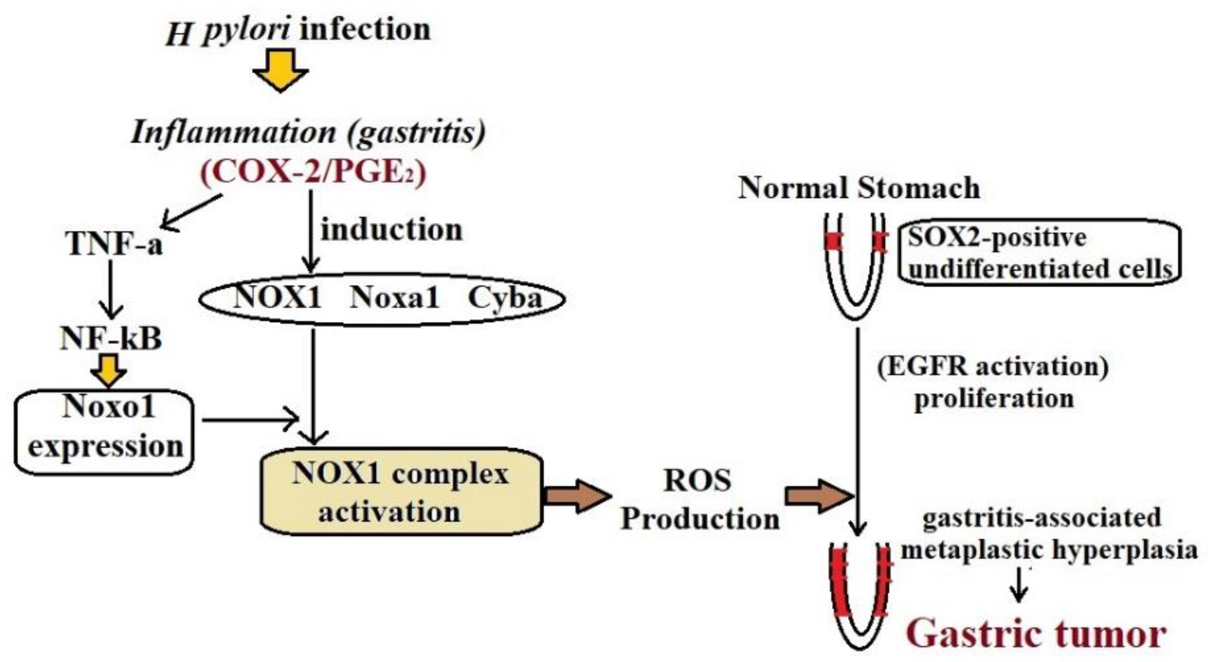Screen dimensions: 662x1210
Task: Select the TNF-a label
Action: (114, 243)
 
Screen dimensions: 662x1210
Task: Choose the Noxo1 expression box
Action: (104, 432)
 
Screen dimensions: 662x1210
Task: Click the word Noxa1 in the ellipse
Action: (394, 297)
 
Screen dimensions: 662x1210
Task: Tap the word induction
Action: (391, 229)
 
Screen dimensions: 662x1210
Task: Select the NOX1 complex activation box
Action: (401, 492)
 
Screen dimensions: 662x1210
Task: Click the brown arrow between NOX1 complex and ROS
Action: (577, 496)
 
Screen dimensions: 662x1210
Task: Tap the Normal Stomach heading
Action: (859, 188)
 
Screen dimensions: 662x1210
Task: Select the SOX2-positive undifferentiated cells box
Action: (1039, 252)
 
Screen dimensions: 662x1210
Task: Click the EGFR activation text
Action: (992, 366)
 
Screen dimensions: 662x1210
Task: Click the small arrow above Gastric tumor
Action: (1018, 585)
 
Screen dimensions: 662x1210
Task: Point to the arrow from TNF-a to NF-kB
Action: (111, 289)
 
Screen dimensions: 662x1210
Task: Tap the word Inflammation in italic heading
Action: (234, 132)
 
